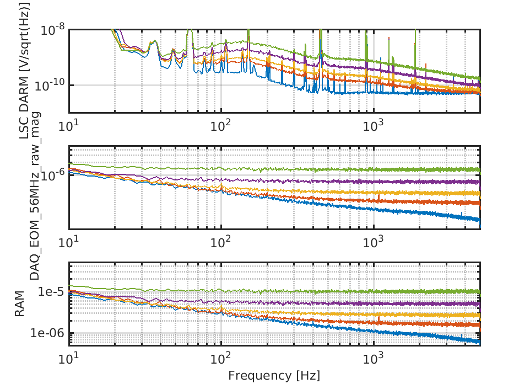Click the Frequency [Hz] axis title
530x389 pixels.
click(x=274, y=376)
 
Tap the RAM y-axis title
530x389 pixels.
click(x=20, y=305)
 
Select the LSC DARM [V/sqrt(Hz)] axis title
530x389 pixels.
click(x=23, y=69)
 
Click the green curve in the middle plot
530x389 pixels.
click(x=331, y=169)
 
